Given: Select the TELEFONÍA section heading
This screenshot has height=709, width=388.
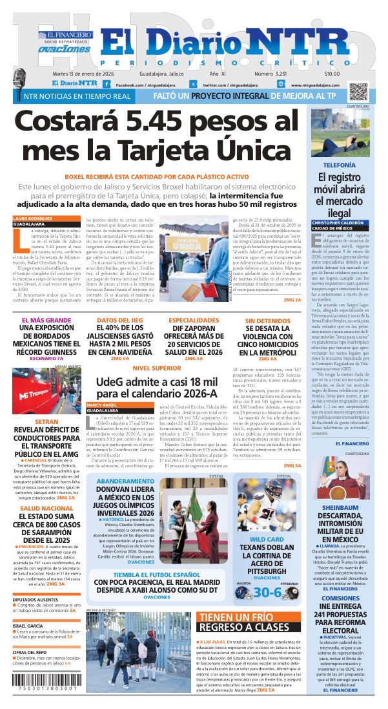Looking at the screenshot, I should [339, 165].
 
